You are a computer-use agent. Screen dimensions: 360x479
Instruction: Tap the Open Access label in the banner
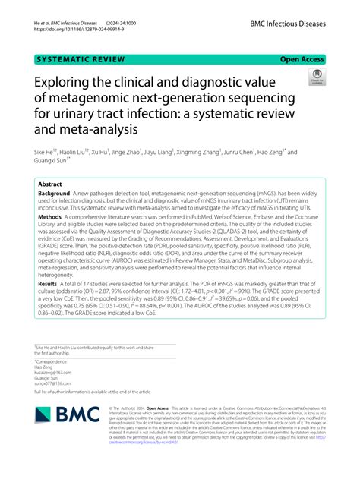point(302,58)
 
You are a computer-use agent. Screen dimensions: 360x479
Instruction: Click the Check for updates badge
point(317,77)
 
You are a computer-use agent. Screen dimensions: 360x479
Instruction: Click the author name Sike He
point(46,152)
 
